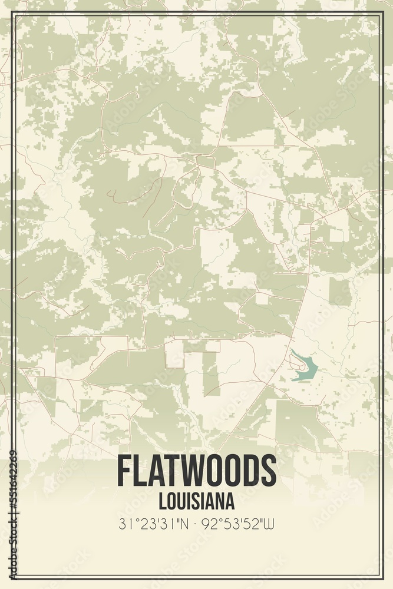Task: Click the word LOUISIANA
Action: click(197, 501)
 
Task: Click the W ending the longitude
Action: click(272, 523)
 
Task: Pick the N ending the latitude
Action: click(186, 523)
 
